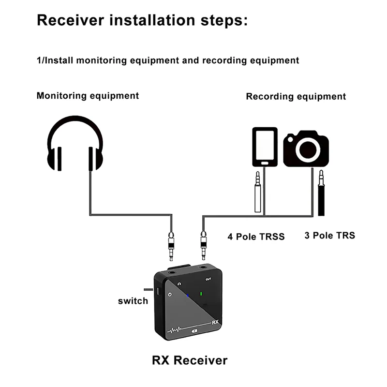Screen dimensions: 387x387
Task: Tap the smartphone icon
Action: point(265,147)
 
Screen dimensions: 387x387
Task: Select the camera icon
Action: point(306,149)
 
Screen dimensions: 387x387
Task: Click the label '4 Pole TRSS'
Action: point(256,237)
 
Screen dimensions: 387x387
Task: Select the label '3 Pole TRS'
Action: point(329,236)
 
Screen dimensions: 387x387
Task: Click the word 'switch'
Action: point(133,301)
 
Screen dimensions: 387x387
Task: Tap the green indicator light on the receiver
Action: point(200,293)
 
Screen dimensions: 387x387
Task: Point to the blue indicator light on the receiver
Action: point(188,295)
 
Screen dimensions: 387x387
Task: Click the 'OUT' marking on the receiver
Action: point(208,279)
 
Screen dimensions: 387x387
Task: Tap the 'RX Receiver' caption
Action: point(189,360)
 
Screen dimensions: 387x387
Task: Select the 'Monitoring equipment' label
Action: point(88,95)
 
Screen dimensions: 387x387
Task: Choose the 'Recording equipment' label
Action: point(296,96)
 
